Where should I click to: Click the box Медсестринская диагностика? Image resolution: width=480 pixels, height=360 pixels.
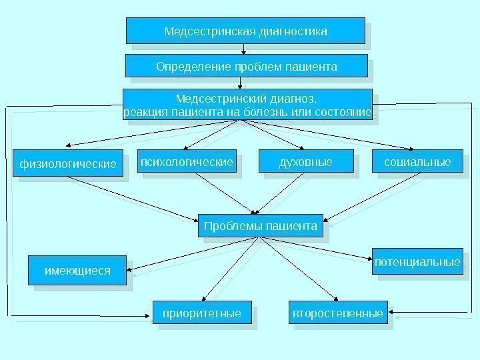(x=245, y=31)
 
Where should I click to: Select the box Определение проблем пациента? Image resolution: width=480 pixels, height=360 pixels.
(x=247, y=67)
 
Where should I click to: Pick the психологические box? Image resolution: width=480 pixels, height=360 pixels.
(x=187, y=162)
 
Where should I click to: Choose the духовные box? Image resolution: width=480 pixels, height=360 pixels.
(x=305, y=162)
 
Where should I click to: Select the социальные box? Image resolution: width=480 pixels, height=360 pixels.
(x=417, y=162)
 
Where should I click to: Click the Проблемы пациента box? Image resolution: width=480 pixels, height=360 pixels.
(x=260, y=226)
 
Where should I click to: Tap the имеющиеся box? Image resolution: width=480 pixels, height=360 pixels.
(x=77, y=271)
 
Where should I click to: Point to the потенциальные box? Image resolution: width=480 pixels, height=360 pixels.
(x=417, y=262)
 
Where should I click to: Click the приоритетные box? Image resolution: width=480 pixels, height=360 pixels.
(x=201, y=313)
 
